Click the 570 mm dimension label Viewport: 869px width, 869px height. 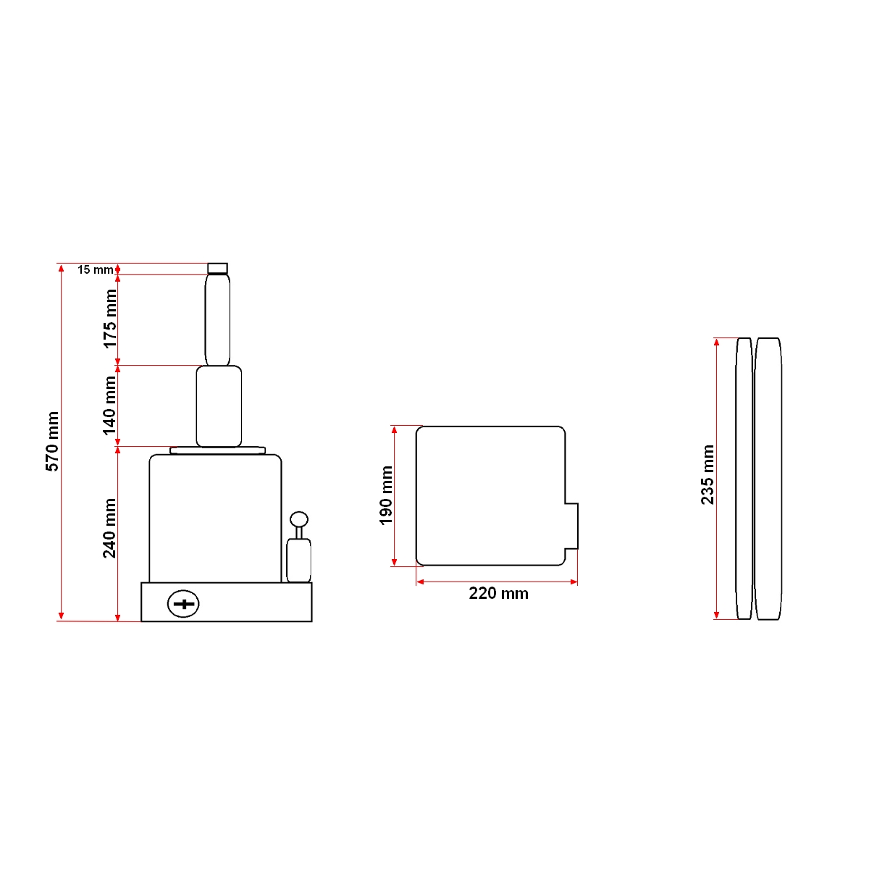click(53, 442)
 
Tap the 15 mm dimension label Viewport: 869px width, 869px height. click(95, 269)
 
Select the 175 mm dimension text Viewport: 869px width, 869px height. click(110, 319)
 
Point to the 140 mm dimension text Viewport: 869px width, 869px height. click(110, 406)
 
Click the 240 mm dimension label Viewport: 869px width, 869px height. click(110, 529)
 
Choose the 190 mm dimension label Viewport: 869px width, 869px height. click(387, 495)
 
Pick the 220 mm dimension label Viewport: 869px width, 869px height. click(498, 594)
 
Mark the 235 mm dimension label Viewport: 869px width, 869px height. click(708, 475)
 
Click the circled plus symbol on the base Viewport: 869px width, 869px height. click(183, 603)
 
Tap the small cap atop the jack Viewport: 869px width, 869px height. click(217, 268)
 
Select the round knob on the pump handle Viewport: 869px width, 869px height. click(299, 519)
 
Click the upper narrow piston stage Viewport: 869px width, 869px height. click(217, 319)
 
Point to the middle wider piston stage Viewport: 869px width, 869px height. click(219, 406)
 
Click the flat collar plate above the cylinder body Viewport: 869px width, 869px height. click(217, 450)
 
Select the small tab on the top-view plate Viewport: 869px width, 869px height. click(571, 525)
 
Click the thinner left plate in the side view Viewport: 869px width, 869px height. click(744, 478)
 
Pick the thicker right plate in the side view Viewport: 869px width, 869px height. click(768, 478)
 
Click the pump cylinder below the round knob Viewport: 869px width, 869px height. click(298, 560)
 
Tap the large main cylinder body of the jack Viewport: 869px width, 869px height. click(215, 518)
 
